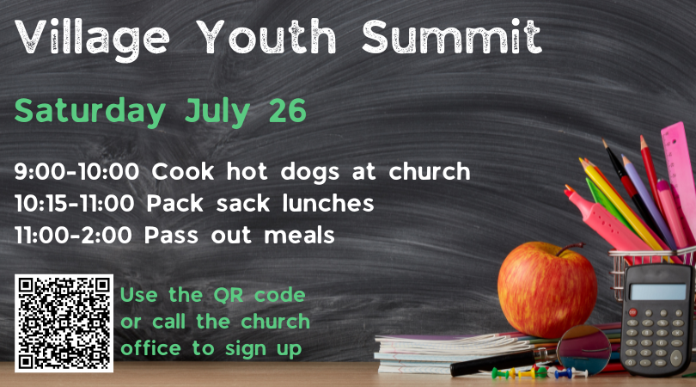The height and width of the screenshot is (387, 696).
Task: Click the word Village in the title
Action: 92,38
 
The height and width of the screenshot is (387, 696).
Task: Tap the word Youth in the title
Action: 266,36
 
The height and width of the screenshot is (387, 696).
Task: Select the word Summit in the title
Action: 452,36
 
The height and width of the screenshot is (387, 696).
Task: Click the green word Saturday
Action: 89,110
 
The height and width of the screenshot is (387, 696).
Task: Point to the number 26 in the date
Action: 288,111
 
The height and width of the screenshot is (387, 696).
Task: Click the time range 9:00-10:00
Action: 76,171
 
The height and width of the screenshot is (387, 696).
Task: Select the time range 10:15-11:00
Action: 74,204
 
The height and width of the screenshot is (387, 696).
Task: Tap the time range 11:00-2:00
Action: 73,235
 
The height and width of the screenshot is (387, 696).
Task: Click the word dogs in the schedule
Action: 310,172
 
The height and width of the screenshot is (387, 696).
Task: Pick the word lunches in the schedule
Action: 328,203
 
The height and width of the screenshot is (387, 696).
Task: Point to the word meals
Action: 299,235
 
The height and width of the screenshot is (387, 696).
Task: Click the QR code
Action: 64,323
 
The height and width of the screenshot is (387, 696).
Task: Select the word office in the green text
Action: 150,348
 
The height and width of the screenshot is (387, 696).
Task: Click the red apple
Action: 546,291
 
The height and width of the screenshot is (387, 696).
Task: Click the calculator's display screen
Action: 657,292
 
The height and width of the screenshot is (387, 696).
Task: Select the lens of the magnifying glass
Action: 583,349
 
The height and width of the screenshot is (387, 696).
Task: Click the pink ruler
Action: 679,169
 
